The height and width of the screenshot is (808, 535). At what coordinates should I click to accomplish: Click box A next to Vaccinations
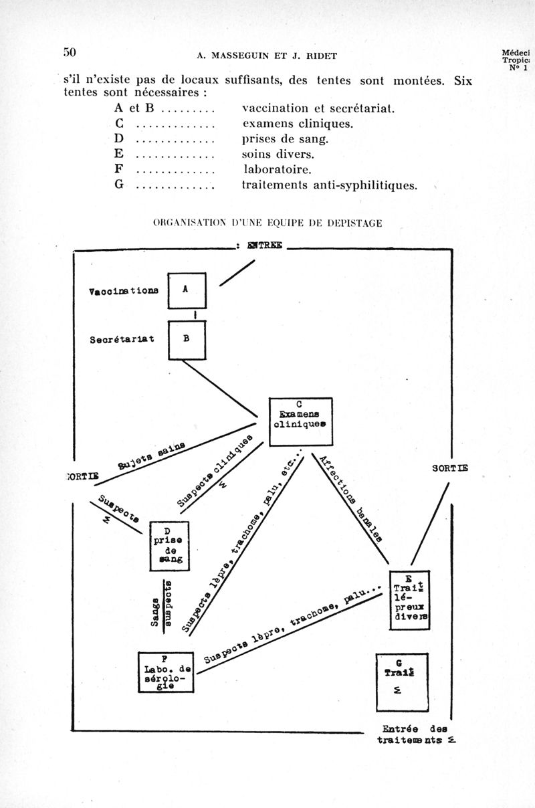pos(187,290)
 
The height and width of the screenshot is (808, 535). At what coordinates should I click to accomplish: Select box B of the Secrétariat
pos(187,339)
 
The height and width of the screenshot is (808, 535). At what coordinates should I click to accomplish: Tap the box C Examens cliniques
pos(300,421)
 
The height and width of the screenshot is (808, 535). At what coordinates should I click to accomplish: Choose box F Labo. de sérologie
pos(165,672)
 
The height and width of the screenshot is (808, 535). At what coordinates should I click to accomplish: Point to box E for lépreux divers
pos(409,600)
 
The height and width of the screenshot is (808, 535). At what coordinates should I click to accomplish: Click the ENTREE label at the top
pos(265,246)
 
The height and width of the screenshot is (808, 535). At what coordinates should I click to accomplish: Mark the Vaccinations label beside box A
pos(124,292)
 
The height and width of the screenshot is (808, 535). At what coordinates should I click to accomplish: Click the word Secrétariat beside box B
pos(122,339)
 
